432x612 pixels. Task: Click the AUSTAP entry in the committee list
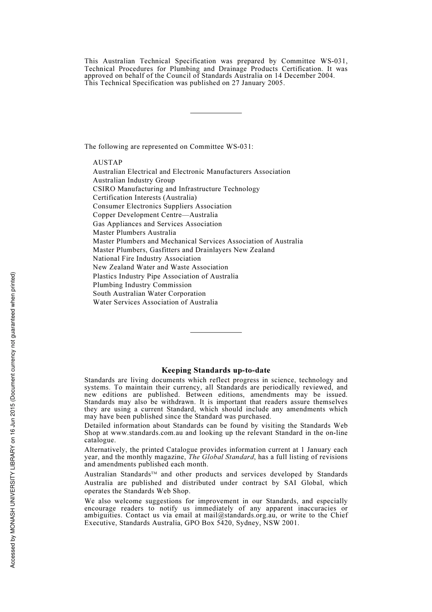point(108,162)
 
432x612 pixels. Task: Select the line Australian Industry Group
point(134,180)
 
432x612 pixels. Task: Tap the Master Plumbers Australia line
point(134,233)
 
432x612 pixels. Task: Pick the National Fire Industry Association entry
point(146,258)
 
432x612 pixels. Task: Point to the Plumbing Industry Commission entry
point(142,285)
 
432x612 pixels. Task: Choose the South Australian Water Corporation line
point(149,293)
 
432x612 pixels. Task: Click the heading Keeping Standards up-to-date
point(216,370)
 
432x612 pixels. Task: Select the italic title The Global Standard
point(221,457)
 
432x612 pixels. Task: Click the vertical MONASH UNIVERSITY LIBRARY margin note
point(13,420)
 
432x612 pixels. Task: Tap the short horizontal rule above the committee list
point(216,113)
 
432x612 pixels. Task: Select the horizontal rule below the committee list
point(216,332)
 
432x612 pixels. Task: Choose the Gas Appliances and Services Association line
point(157,224)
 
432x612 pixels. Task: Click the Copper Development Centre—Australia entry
point(155,215)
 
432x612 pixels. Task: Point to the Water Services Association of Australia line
point(155,302)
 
